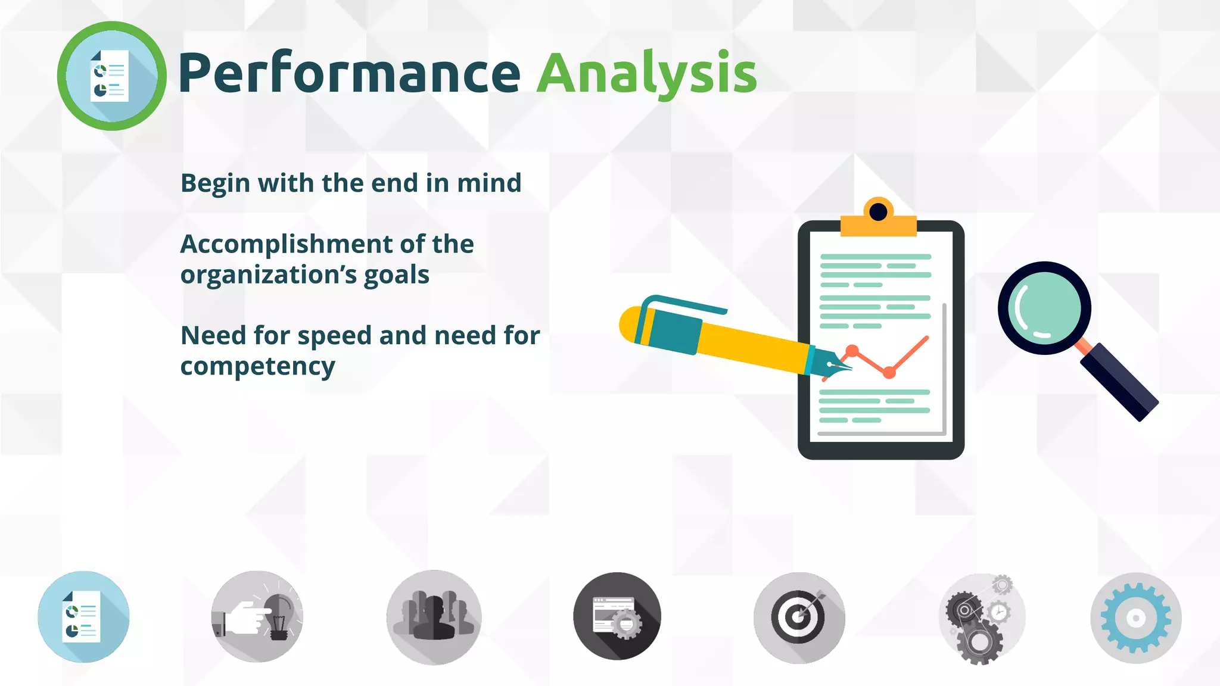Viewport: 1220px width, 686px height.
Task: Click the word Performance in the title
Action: coord(349,73)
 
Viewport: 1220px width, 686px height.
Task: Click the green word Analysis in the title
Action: coord(646,73)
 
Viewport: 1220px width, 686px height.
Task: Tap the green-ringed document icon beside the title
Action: coord(111,76)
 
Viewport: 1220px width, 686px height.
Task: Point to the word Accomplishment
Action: coord(287,244)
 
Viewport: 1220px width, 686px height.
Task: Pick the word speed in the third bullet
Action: coord(334,336)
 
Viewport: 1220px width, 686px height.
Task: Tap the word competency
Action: coord(257,367)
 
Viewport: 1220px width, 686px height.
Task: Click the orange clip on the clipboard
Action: coord(878,220)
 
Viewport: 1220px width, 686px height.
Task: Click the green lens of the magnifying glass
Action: coord(1044,308)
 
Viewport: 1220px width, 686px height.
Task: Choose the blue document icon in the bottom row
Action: coord(83,617)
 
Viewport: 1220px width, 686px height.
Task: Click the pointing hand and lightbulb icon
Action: coord(257,617)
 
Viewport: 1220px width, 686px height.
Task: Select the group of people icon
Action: coord(434,617)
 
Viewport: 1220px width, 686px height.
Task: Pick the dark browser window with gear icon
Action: coord(617,617)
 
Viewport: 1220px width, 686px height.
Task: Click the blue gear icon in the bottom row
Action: coord(1135,618)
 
